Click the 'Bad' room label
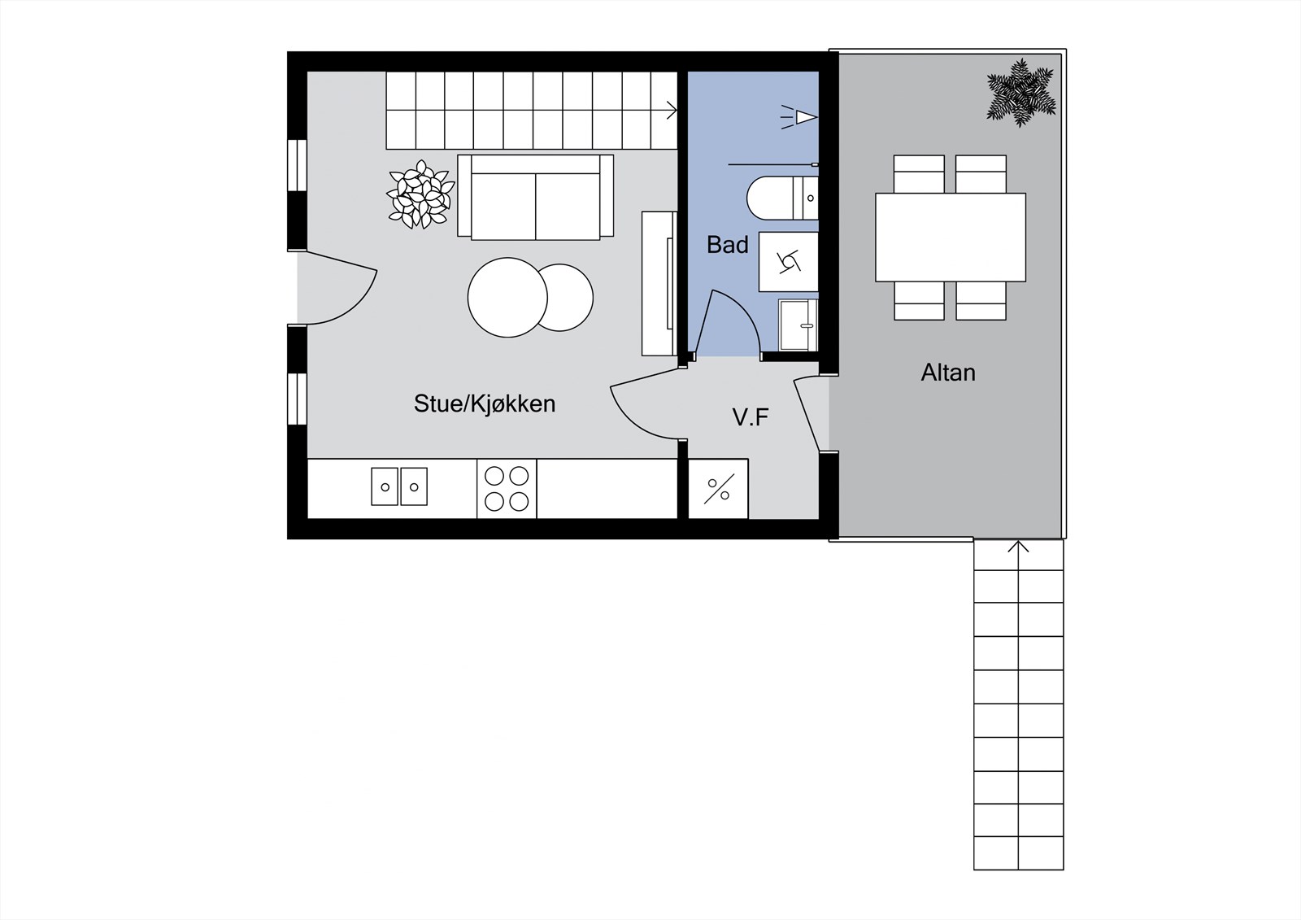727,245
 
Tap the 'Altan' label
948,373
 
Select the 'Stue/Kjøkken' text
485,403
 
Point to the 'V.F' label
751,417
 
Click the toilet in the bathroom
782,198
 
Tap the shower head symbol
799,117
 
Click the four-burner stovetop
507,489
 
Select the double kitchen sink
399,486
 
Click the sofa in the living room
536,197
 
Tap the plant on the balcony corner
1020,93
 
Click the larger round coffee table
507,298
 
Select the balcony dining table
951,238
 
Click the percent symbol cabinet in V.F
719,489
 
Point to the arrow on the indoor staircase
671,110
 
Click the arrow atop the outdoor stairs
1018,547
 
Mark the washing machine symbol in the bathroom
788,262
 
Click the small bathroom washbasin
798,325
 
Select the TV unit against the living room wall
659,284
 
